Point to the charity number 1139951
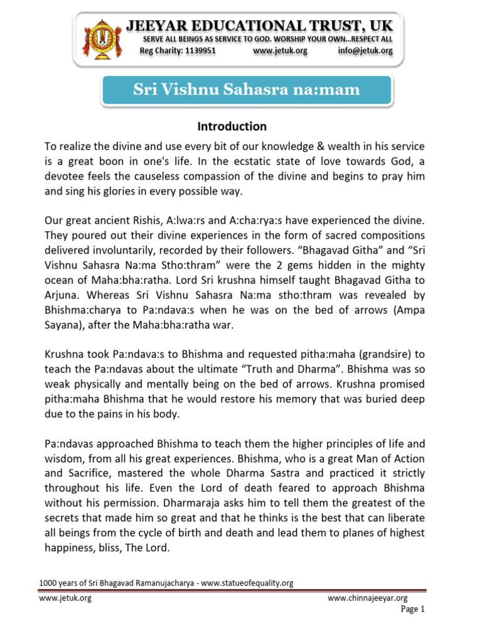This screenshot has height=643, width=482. [x=195, y=51]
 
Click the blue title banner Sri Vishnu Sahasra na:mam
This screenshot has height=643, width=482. [x=247, y=90]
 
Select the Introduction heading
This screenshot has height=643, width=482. [x=232, y=126]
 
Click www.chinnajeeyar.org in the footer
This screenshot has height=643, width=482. [x=368, y=598]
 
